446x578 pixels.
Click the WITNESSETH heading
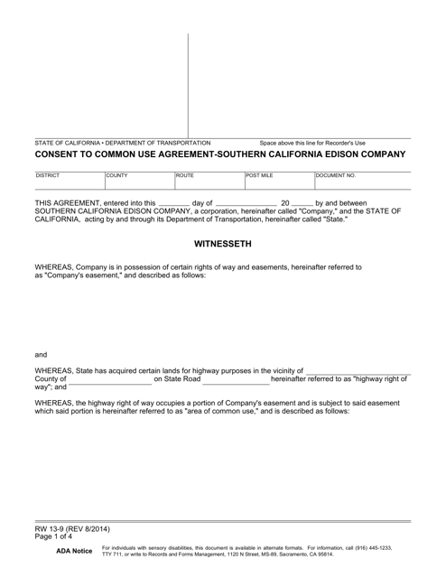pos(222,244)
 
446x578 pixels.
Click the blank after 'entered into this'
pos(174,205)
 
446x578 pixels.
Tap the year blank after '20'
pos(302,205)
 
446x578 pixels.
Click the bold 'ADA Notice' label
pos(74,551)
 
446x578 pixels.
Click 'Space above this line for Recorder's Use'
pos(313,143)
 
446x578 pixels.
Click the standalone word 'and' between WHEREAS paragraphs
pos(41,355)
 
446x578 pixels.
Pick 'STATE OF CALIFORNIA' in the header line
pos(67,143)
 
